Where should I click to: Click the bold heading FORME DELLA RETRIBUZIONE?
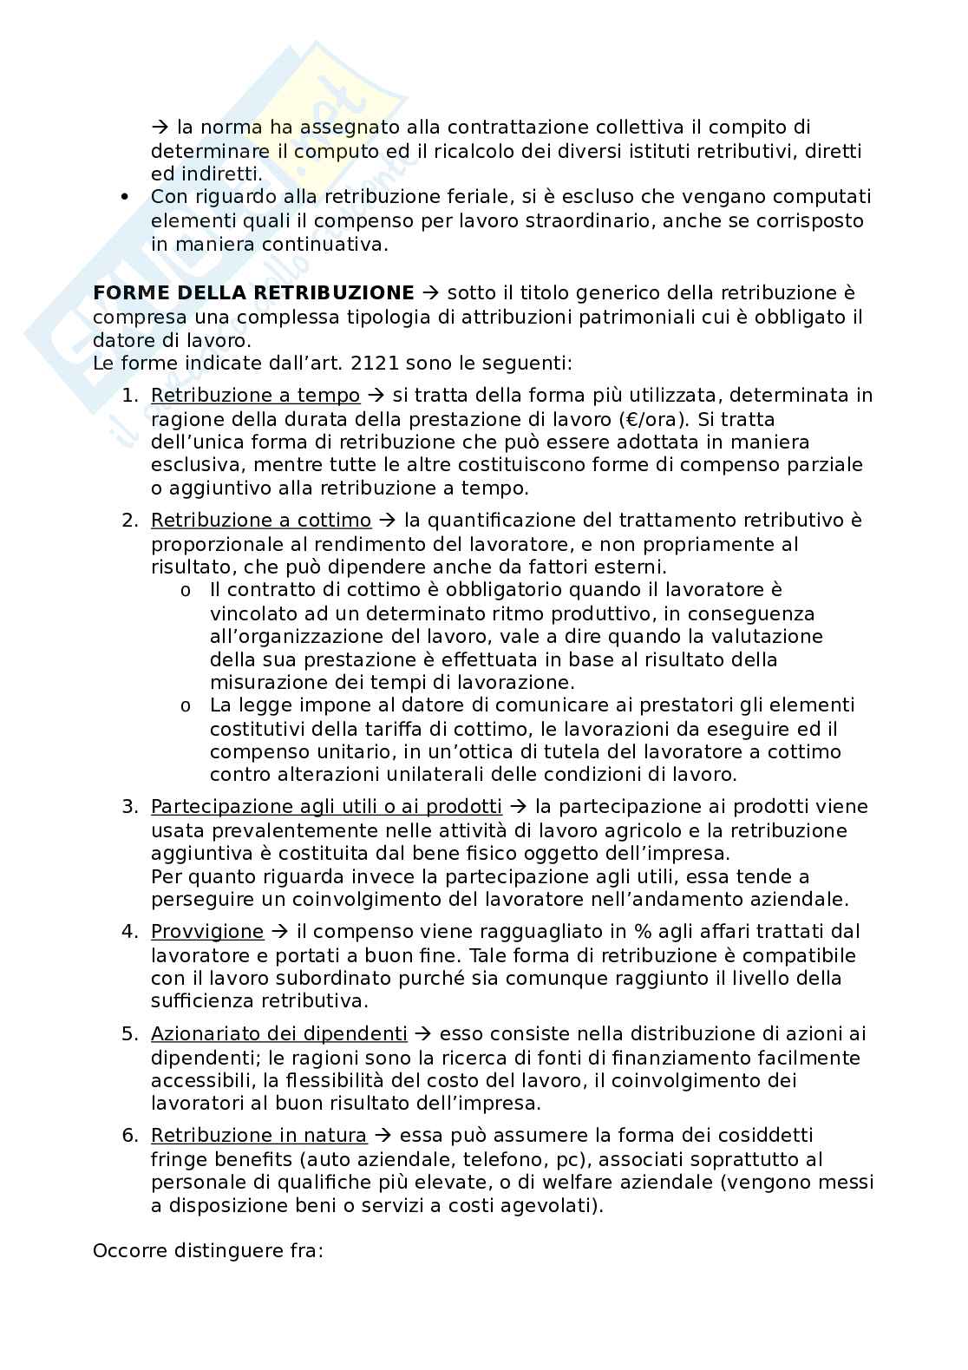click(253, 293)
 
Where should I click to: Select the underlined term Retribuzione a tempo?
click(255, 396)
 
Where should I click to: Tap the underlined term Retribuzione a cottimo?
click(261, 521)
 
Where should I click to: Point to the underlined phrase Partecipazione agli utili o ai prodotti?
click(326, 807)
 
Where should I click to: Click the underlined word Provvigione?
click(207, 932)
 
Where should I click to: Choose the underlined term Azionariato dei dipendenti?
click(279, 1034)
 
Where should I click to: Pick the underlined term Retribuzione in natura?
click(258, 1136)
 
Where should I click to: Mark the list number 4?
click(129, 932)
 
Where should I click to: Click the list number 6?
click(129, 1136)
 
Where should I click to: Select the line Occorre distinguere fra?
click(208, 1251)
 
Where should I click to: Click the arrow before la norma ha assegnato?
click(160, 128)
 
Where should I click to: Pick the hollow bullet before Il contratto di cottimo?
click(186, 591)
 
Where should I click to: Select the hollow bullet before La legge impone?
click(186, 705)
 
